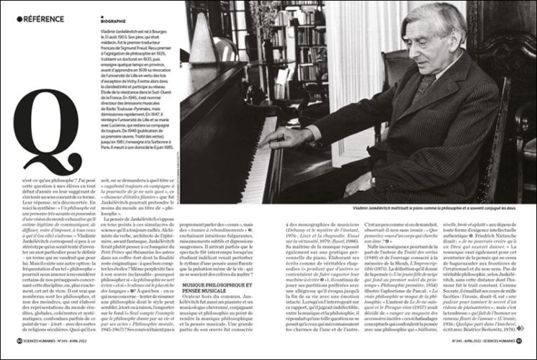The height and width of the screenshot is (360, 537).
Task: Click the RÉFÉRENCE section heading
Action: click(x=42, y=18)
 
